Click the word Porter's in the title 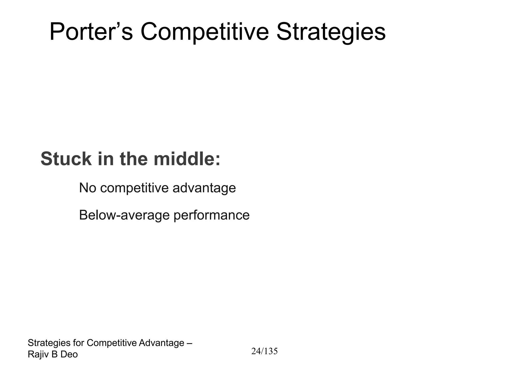click(91, 32)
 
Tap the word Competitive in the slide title click(205, 32)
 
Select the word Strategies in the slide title click(331, 32)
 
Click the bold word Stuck click(66, 159)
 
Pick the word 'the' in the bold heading click(134, 159)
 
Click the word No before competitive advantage click(87, 188)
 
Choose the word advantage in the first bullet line click(204, 188)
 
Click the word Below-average click(124, 215)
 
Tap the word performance click(211, 215)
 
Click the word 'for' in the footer click(78, 343)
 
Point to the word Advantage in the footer click(161, 343)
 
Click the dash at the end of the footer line click(189, 343)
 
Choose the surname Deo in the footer click(69, 355)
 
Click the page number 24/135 click(264, 351)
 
